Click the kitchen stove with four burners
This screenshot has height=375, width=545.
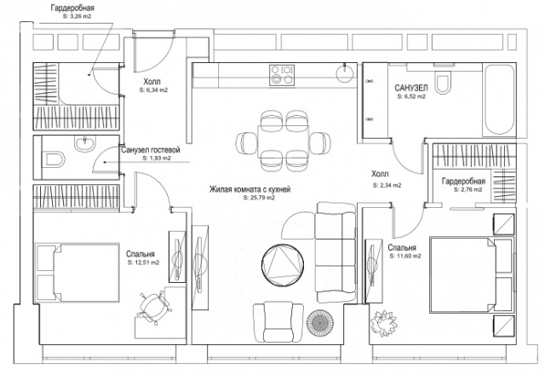point(282,75)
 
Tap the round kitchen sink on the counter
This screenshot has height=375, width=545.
point(345,73)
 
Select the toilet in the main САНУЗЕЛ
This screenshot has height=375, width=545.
point(443,81)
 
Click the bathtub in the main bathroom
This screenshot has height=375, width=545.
point(499,100)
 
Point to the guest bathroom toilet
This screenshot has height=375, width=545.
point(53,160)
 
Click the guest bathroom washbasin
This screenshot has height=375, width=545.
point(84,142)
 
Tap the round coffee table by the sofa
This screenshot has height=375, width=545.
point(283,265)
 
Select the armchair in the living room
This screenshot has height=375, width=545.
point(278,323)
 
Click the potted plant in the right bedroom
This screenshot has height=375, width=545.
point(383,322)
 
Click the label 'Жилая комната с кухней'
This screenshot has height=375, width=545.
point(250,189)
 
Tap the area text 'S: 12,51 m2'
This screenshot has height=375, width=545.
point(144,263)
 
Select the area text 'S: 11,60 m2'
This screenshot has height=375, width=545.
point(405,256)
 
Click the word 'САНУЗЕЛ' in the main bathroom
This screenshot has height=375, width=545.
point(411,88)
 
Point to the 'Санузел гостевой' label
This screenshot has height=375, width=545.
point(151,150)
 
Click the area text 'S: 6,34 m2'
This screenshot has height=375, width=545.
point(153,89)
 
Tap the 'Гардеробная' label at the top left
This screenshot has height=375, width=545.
point(72,8)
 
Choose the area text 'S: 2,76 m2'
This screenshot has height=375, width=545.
point(468,189)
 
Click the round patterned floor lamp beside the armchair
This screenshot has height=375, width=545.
point(320,323)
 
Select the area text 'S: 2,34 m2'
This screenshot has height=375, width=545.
point(387,186)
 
